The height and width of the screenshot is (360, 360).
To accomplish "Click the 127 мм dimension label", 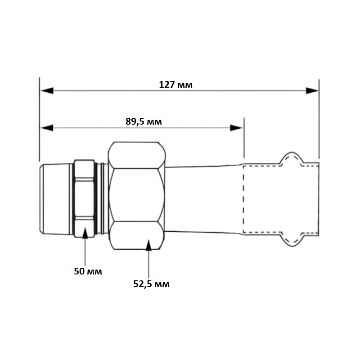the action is [x=175, y=85].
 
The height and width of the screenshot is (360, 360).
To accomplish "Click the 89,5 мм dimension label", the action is [x=144, y=121].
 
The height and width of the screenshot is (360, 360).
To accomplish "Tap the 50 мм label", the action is [x=88, y=271].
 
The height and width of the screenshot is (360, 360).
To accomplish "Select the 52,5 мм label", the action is [x=151, y=284].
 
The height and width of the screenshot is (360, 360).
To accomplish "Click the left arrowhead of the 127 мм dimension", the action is [x=47, y=91].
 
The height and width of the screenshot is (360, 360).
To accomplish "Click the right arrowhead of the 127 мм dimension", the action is [x=312, y=91].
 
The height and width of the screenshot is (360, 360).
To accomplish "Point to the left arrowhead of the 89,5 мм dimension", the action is [x=47, y=128].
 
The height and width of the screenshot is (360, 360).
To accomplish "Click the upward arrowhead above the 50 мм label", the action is [x=85, y=233].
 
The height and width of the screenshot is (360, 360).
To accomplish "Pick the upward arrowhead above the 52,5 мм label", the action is [x=149, y=245].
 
